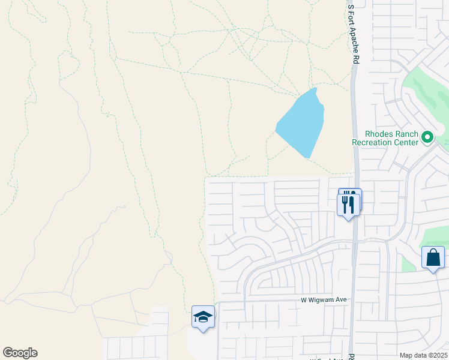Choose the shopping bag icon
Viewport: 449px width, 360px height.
[x=433, y=258]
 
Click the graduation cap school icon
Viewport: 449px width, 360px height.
[x=203, y=317]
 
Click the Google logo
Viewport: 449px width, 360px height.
[x=20, y=353]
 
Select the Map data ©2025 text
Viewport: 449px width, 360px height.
[x=423, y=355]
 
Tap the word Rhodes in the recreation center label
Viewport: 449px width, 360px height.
[x=379, y=134]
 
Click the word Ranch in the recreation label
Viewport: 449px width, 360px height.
[x=406, y=134]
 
